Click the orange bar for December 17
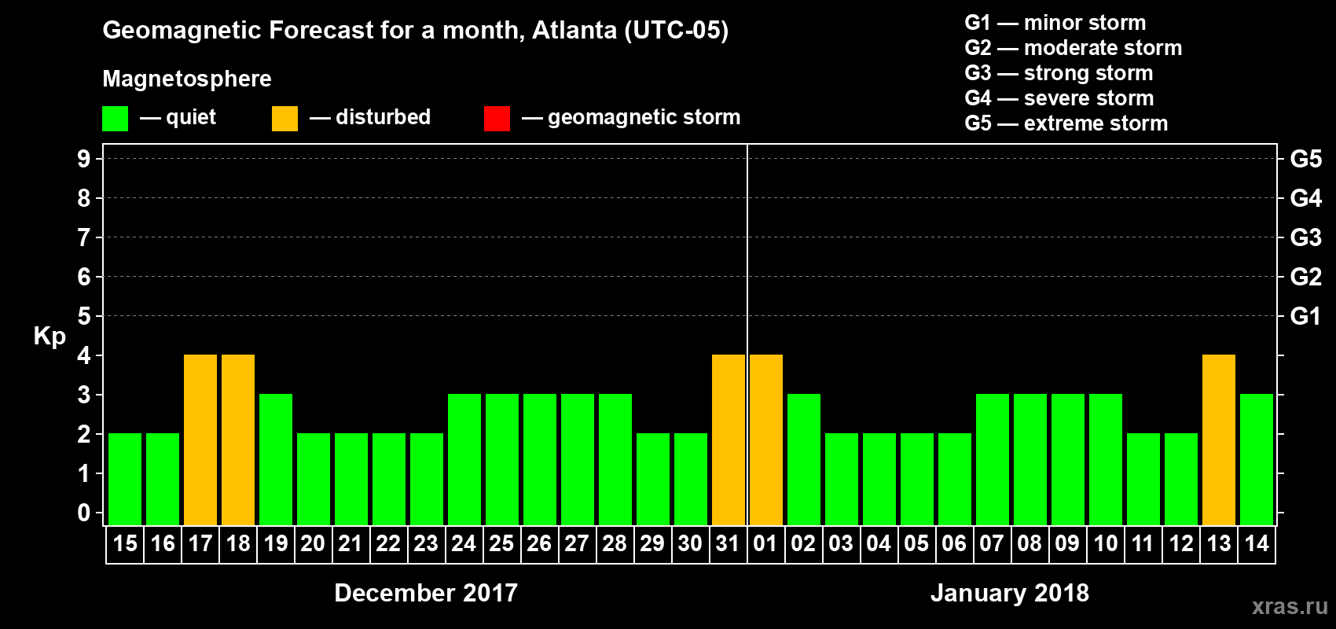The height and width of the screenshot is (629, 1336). (x=200, y=440)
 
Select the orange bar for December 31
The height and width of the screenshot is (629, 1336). (x=729, y=440)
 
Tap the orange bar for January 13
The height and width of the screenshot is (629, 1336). (x=1219, y=440)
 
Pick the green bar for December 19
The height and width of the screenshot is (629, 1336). (x=276, y=459)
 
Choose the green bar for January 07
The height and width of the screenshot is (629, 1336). (x=993, y=459)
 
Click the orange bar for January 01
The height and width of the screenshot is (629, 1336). (x=766, y=440)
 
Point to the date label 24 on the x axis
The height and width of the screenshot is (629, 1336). (x=464, y=543)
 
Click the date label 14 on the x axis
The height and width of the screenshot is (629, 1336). (x=1257, y=543)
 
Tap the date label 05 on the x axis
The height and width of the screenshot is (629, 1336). (x=916, y=543)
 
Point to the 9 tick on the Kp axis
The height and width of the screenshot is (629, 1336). (x=84, y=159)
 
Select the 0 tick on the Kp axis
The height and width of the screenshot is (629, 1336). (x=84, y=513)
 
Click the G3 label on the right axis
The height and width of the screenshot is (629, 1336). (x=1305, y=237)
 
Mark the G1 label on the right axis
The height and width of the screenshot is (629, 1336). (x=1305, y=316)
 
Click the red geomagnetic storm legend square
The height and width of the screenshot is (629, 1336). (x=497, y=119)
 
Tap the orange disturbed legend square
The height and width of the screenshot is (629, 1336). (x=284, y=119)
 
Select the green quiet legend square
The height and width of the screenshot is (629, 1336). (x=115, y=119)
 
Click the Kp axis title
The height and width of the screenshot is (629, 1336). (x=50, y=337)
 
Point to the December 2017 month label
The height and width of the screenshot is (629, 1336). (x=426, y=593)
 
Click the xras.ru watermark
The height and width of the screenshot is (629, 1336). (x=1290, y=606)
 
